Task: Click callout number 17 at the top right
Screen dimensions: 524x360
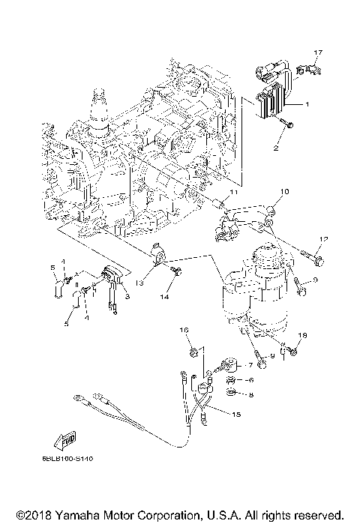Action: click(317, 52)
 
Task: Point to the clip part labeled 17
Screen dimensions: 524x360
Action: click(306, 70)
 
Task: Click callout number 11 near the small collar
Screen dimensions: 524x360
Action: click(233, 193)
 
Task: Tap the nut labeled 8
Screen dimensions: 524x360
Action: click(231, 393)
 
